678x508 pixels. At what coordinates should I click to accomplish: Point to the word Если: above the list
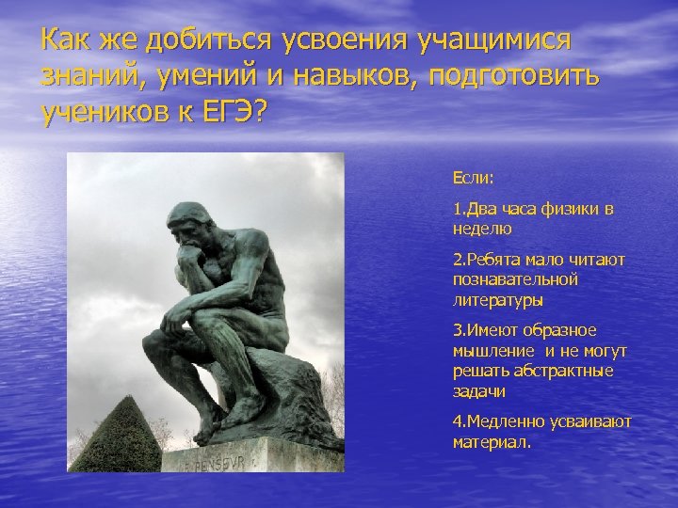(x=473, y=177)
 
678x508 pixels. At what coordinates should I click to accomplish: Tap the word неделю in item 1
(x=481, y=228)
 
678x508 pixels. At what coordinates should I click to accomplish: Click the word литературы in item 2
(x=497, y=300)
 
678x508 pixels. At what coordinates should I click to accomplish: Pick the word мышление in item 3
(x=491, y=351)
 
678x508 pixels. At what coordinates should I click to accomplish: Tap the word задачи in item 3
(x=479, y=390)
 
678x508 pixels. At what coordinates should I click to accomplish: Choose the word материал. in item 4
(x=492, y=441)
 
